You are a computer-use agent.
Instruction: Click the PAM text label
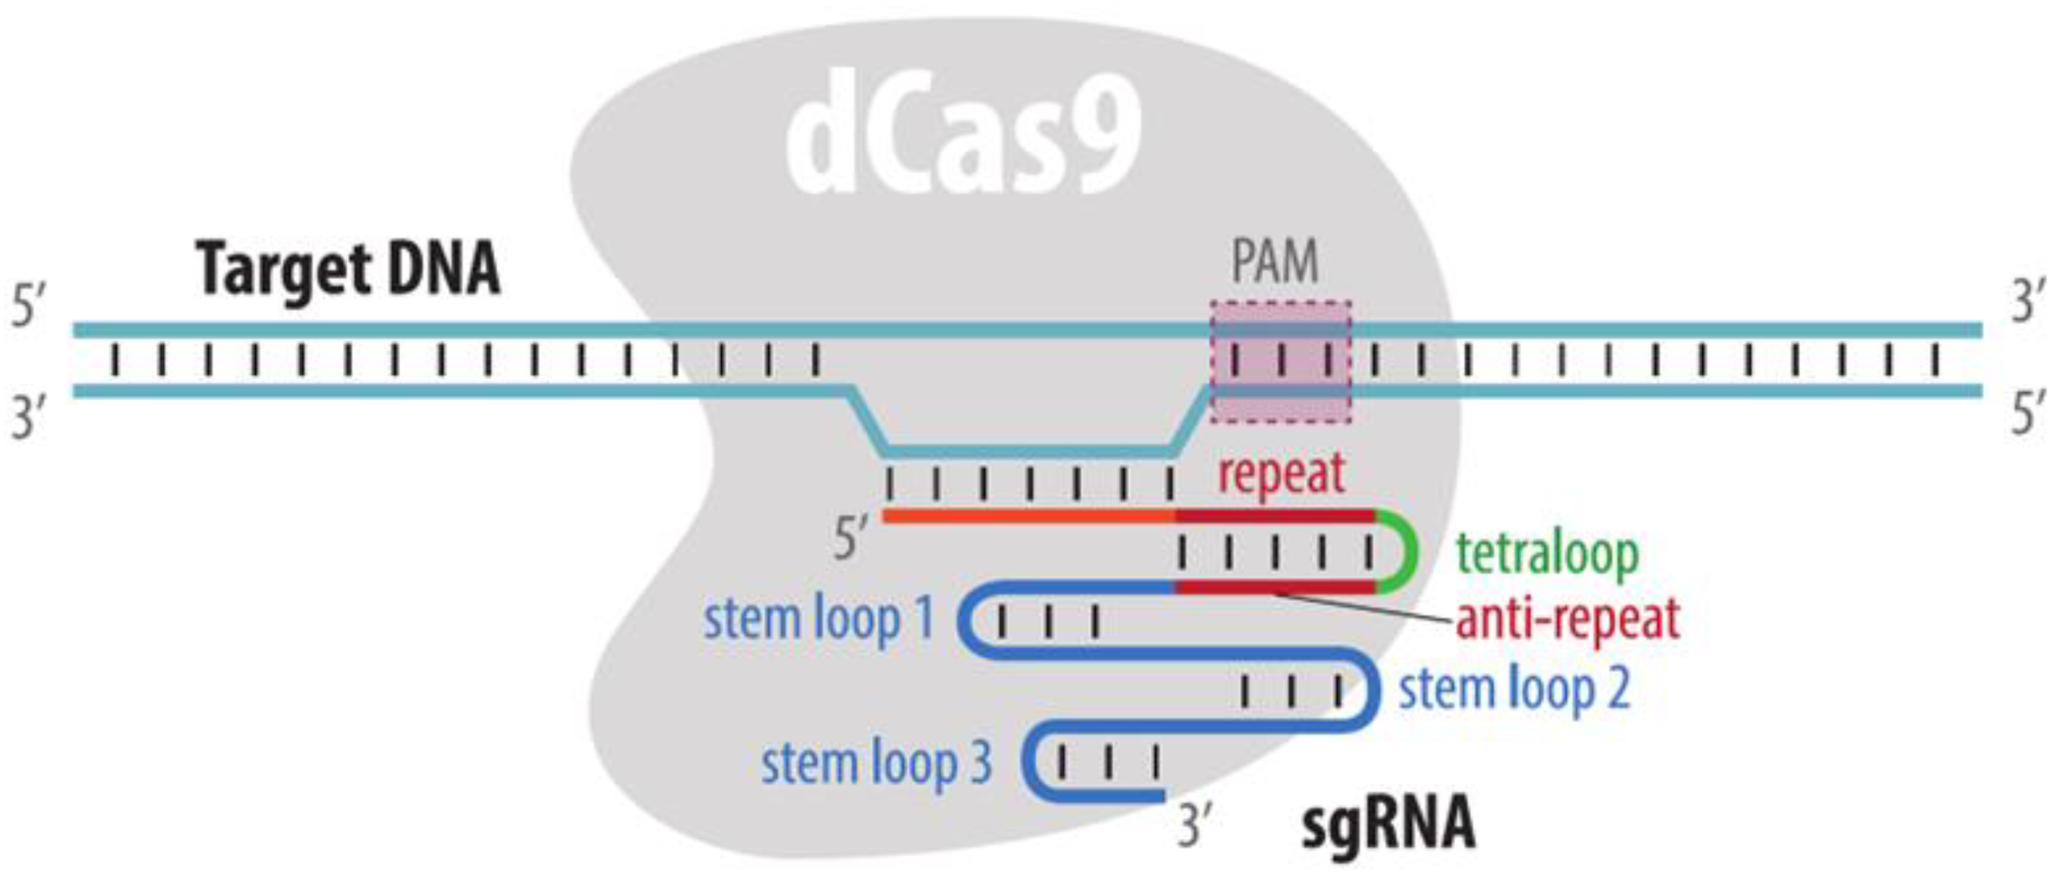click(x=1274, y=262)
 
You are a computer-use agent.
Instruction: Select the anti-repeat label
click(x=1566, y=620)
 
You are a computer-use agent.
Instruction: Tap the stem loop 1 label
click(x=818, y=620)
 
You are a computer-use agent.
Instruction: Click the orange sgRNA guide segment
click(x=1028, y=516)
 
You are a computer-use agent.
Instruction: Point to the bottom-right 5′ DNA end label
click(x=2029, y=416)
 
